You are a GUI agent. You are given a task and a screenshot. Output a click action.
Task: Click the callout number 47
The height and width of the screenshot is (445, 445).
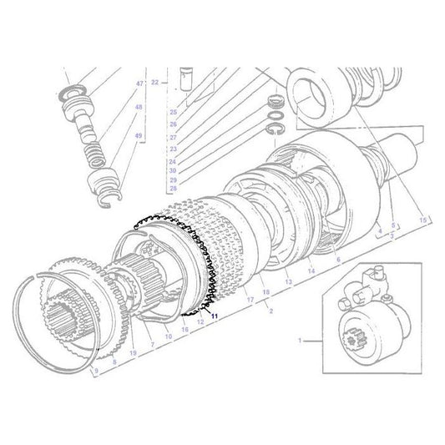tap(139, 83)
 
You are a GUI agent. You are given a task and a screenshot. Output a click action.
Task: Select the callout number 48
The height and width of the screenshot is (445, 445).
tap(139, 109)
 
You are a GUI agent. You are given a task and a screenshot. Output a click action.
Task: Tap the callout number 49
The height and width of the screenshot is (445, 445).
tap(139, 135)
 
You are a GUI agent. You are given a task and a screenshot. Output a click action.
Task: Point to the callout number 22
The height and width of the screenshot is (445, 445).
tap(166, 83)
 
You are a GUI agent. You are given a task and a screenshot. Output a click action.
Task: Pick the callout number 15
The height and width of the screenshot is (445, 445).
tap(423, 219)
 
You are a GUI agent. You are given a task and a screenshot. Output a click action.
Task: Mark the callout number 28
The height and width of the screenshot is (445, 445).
tap(173, 189)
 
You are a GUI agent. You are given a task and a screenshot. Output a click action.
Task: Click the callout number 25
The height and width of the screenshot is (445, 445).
tap(173, 112)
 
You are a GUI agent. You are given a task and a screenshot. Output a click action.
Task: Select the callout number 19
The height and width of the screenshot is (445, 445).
tap(132, 355)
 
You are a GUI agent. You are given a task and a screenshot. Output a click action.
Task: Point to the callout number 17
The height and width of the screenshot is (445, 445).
tap(250, 297)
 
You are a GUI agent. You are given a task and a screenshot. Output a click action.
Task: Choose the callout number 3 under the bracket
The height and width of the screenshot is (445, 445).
tap(393, 236)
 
